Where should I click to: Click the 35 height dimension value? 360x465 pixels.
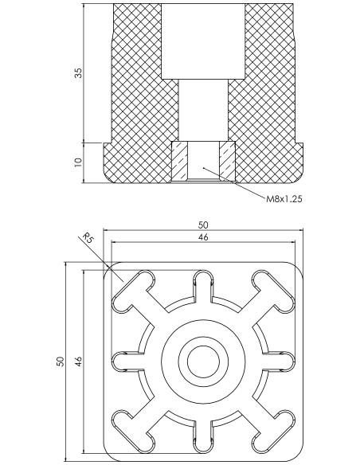click(x=78, y=73)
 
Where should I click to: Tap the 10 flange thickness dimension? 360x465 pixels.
click(x=78, y=162)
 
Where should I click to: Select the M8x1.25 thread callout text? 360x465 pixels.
click(x=284, y=199)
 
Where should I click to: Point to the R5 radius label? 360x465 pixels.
click(x=88, y=237)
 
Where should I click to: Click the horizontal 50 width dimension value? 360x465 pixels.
click(x=203, y=225)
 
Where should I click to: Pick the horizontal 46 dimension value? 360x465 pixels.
click(x=203, y=237)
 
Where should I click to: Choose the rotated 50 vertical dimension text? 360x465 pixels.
click(x=61, y=361)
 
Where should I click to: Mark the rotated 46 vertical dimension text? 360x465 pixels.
click(x=78, y=361)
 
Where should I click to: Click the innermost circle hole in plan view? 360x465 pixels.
click(x=203, y=361)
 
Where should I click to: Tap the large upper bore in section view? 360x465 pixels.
click(x=203, y=41)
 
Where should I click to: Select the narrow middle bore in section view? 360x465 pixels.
click(x=203, y=111)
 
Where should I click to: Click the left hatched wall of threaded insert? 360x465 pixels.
click(x=180, y=161)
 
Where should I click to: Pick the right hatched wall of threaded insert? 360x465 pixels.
click(x=227, y=161)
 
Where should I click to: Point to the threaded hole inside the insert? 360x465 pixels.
click(x=203, y=161)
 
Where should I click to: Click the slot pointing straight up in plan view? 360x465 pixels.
click(x=203, y=286)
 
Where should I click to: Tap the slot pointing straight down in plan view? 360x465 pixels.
click(x=203, y=436)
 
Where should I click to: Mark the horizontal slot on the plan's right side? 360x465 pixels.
click(x=278, y=361)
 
